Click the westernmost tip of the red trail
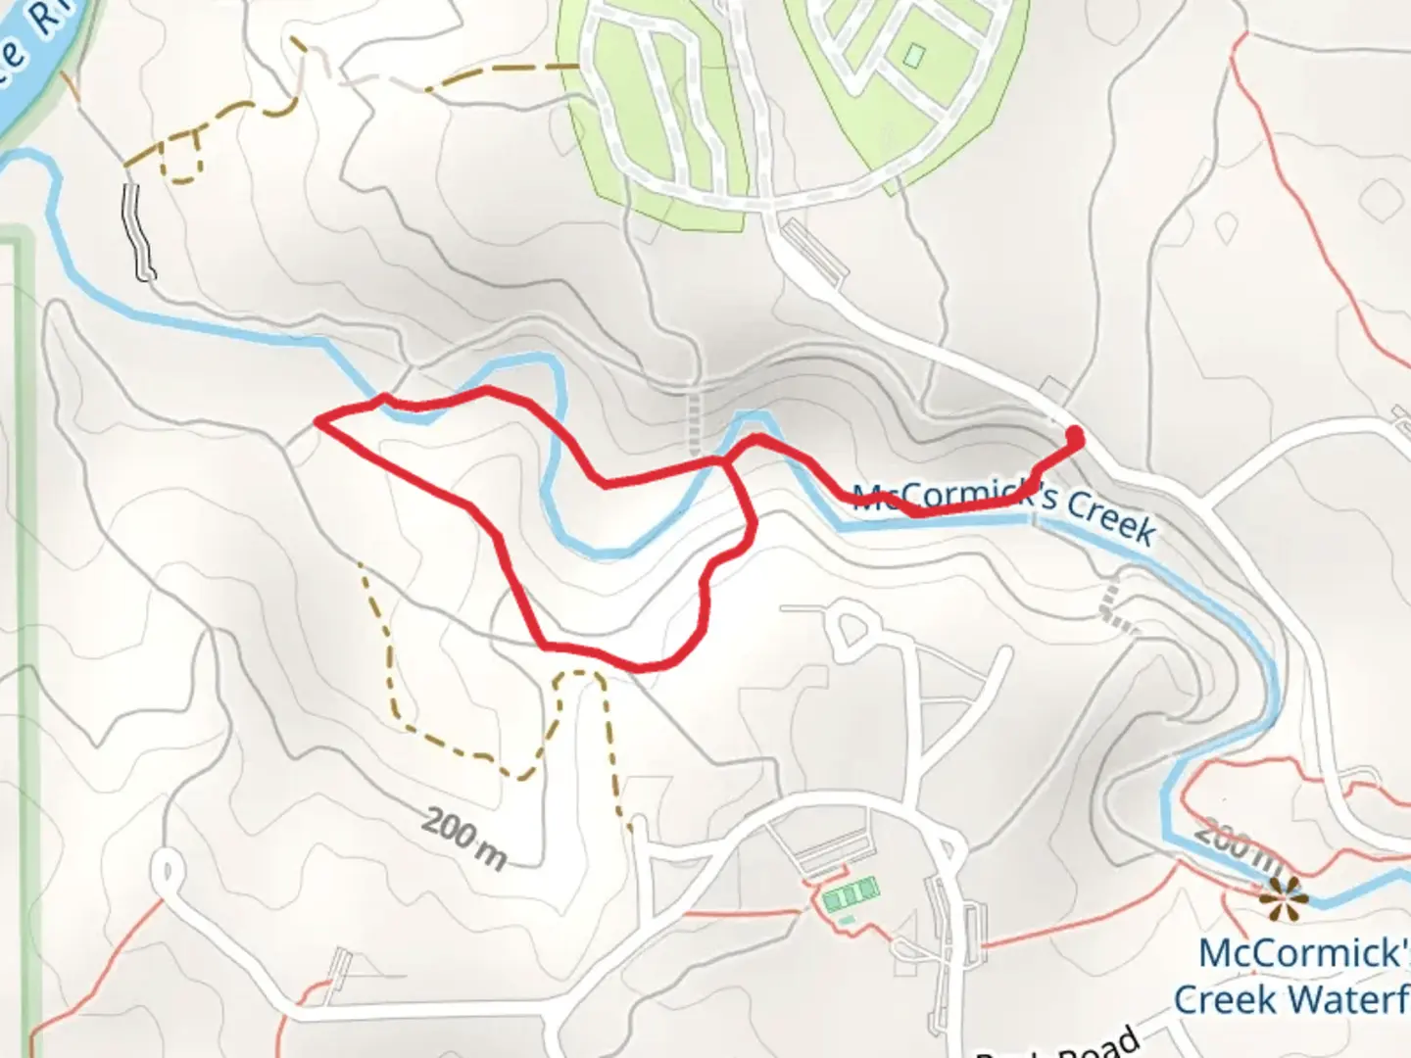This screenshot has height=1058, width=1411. [x=317, y=422]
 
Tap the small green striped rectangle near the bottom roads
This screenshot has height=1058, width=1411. [x=851, y=895]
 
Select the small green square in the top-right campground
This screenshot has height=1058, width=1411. [x=914, y=56]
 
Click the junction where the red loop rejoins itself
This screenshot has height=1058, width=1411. [x=727, y=460]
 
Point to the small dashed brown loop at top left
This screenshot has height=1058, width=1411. [x=181, y=157]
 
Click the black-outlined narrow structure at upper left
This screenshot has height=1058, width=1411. [x=138, y=231]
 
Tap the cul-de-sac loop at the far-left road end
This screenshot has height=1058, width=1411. [x=167, y=871]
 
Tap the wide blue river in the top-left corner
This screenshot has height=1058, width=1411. [x=34, y=59]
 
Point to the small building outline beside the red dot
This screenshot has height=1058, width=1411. [x=1053, y=389]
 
